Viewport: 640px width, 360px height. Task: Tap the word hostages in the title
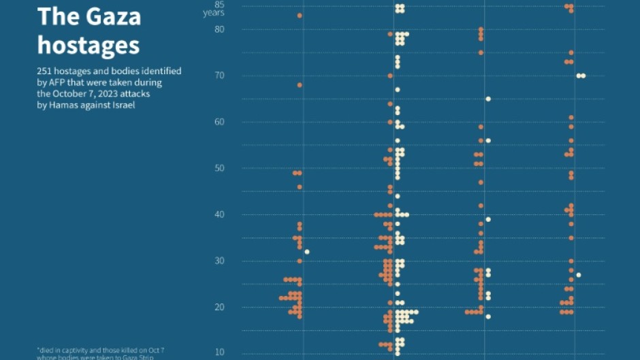[88, 45]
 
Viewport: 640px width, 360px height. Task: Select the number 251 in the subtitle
[46, 71]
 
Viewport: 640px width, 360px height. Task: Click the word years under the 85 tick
[214, 14]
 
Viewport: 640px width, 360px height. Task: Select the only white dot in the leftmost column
[307, 252]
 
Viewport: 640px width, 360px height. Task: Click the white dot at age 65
[488, 99]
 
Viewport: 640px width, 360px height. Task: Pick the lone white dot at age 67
[398, 90]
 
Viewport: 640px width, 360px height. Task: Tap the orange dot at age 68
[300, 85]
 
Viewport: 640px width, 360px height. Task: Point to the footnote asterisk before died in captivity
[39, 348]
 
